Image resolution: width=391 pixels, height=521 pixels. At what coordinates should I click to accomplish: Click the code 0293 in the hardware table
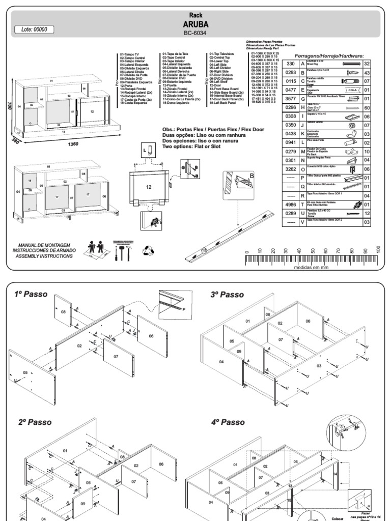(291, 73)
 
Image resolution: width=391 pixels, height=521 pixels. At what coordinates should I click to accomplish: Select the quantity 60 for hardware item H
(367, 108)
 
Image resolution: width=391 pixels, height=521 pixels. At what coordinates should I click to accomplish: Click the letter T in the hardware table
(303, 204)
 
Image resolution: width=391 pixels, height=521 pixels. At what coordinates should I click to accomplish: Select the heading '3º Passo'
(228, 294)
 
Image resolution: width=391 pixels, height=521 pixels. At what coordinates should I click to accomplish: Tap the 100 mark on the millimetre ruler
(377, 250)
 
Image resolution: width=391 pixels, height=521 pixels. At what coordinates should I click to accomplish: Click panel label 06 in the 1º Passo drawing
(151, 335)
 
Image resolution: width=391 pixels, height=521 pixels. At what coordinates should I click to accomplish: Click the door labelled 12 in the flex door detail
(149, 187)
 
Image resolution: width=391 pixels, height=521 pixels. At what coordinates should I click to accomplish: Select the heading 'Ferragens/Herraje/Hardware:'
(329, 55)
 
